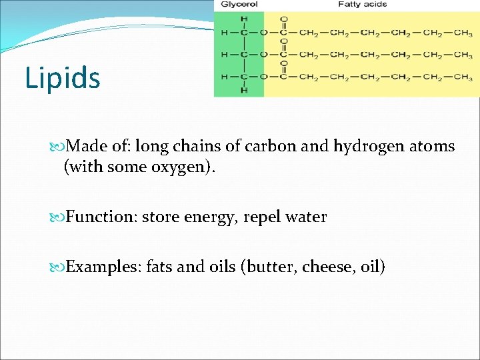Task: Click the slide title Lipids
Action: (x=63, y=77)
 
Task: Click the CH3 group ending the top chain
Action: (x=459, y=32)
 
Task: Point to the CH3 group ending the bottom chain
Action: (x=459, y=77)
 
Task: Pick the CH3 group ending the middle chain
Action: (x=459, y=55)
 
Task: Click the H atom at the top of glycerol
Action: (x=243, y=18)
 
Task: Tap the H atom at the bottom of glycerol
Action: (x=243, y=90)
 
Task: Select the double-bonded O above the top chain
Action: (x=284, y=19)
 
